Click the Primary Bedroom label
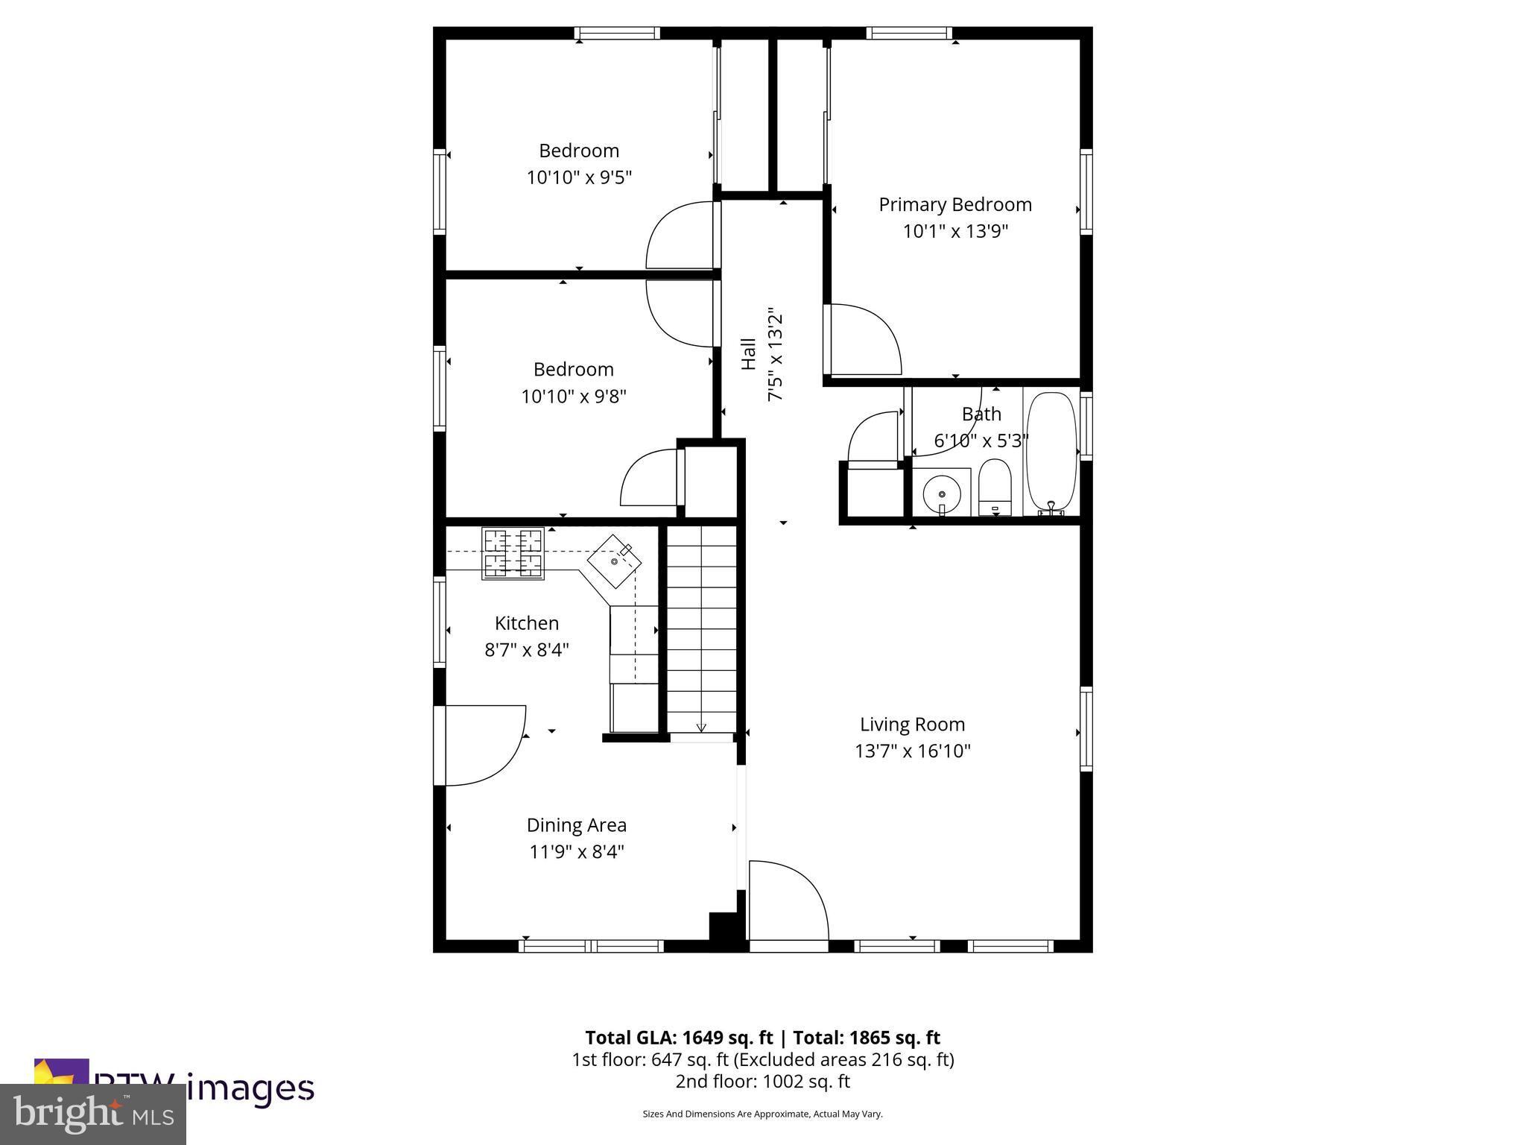(954, 204)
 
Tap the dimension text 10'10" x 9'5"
(579, 178)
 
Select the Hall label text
(748, 354)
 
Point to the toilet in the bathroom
(994, 487)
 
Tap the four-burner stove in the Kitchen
(513, 553)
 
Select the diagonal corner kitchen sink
(615, 561)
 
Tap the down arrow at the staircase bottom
(701, 727)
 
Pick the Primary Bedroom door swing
(864, 339)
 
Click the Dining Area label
(576, 825)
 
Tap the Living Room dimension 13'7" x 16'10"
(912, 751)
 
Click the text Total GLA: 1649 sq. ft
(680, 1038)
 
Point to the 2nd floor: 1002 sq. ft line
(762, 1081)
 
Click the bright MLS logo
(93, 1114)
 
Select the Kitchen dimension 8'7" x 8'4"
(526, 650)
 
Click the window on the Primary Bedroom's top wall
(909, 33)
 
